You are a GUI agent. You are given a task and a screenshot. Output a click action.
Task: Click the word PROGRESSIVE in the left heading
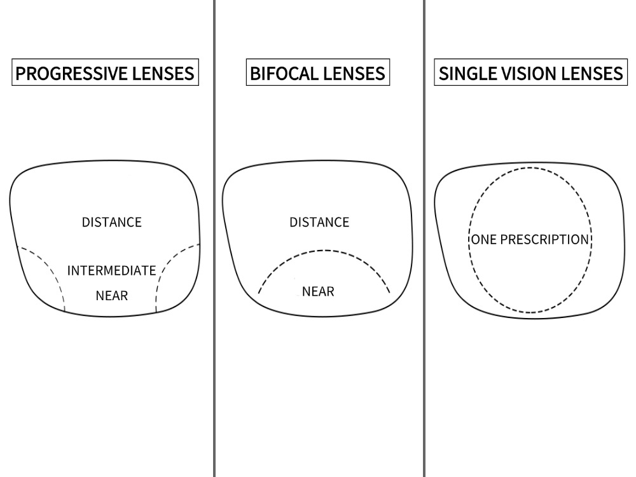tap(71, 74)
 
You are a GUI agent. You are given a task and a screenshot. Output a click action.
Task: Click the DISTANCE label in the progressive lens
tap(112, 222)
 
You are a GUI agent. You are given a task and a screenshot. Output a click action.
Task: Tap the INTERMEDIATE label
tap(111, 270)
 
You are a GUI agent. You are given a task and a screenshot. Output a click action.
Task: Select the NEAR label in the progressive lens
tap(112, 296)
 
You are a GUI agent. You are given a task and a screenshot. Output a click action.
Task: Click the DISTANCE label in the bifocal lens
tap(319, 222)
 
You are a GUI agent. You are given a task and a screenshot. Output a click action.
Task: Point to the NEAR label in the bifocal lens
tap(319, 291)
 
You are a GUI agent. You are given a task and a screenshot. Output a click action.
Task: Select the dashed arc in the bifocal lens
tap(324, 250)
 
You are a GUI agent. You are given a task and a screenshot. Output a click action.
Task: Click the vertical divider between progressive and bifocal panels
tap(214, 238)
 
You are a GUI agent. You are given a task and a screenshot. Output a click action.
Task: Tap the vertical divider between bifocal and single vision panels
tap(424, 238)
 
